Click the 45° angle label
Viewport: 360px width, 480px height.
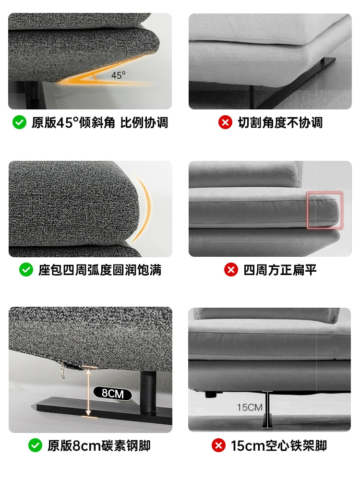click(x=118, y=75)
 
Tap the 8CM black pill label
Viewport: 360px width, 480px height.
click(x=112, y=394)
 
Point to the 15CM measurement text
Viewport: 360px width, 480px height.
click(x=249, y=408)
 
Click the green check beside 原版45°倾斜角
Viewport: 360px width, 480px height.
click(x=19, y=122)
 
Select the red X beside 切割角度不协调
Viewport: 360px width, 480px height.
click(x=225, y=122)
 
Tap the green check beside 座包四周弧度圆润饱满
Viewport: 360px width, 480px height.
click(x=26, y=270)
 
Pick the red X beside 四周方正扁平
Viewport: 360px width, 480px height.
click(x=231, y=270)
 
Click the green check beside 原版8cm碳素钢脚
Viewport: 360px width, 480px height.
click(x=35, y=445)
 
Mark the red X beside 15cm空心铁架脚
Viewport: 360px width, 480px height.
click(x=218, y=445)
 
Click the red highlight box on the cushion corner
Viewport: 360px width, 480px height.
click(x=325, y=210)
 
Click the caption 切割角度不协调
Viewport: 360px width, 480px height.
click(x=280, y=122)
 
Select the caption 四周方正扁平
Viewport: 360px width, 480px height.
click(x=280, y=270)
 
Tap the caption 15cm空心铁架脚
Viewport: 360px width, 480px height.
click(x=279, y=445)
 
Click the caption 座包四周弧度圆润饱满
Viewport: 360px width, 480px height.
click(x=100, y=270)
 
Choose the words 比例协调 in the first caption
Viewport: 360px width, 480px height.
click(x=144, y=122)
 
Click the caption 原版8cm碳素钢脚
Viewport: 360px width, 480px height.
click(x=99, y=445)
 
